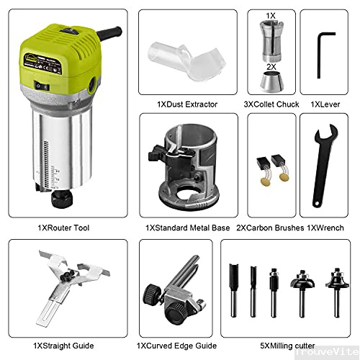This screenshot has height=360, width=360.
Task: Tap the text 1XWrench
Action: [x=323, y=228]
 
